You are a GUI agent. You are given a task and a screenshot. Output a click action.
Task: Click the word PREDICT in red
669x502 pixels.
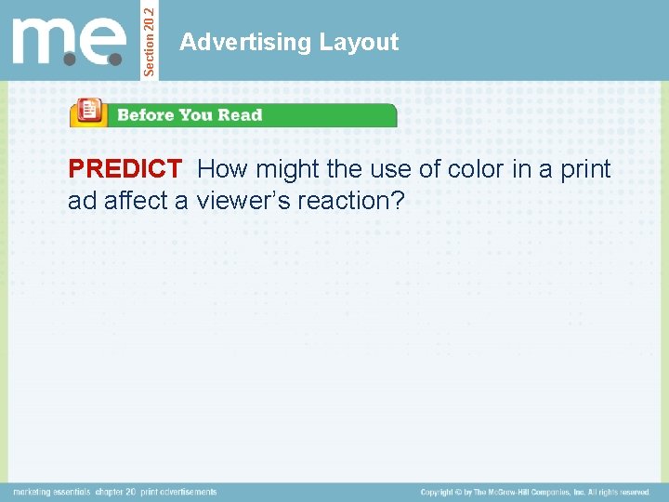(125, 169)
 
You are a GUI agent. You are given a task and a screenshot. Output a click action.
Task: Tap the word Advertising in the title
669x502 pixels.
(245, 42)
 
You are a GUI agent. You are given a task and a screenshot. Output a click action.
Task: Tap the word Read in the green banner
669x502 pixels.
(240, 115)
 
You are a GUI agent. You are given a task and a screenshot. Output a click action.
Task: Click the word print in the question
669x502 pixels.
(583, 169)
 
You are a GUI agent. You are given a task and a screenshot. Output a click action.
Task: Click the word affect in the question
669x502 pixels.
(134, 200)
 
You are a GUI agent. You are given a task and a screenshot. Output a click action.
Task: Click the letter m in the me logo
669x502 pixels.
(41, 41)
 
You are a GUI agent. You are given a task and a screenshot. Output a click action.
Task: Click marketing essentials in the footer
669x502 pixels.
(52, 492)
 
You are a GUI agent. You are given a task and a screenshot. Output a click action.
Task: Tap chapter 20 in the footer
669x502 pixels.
(116, 492)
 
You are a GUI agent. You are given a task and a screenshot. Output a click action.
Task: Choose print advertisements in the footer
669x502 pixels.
(178, 492)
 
